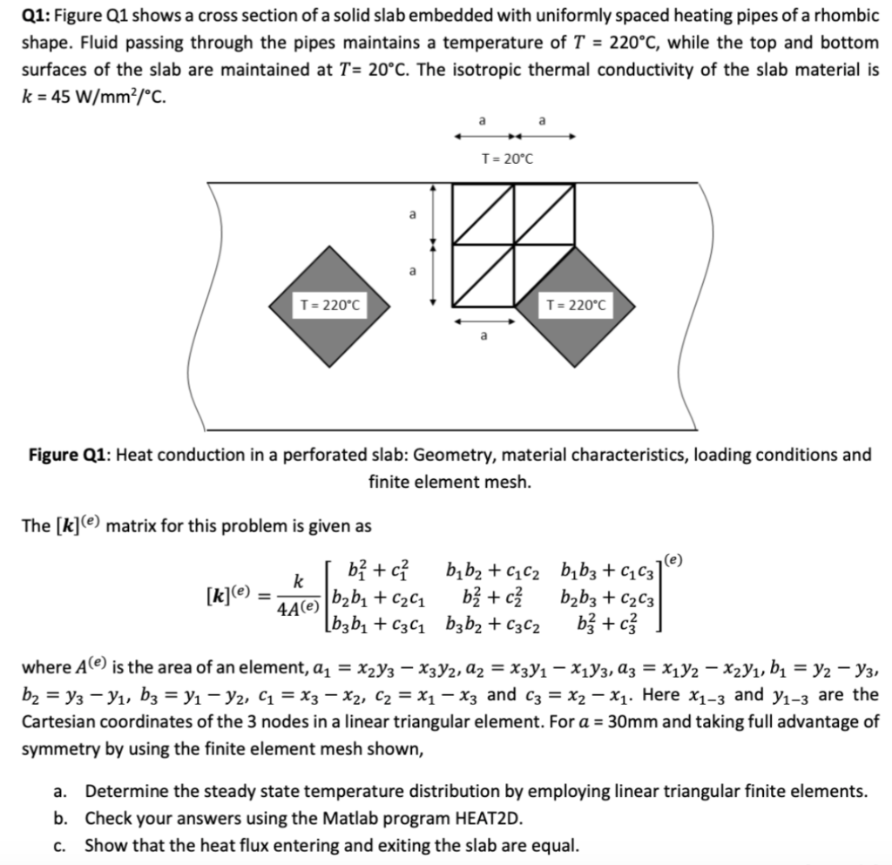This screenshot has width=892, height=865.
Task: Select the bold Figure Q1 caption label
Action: pos(70,455)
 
